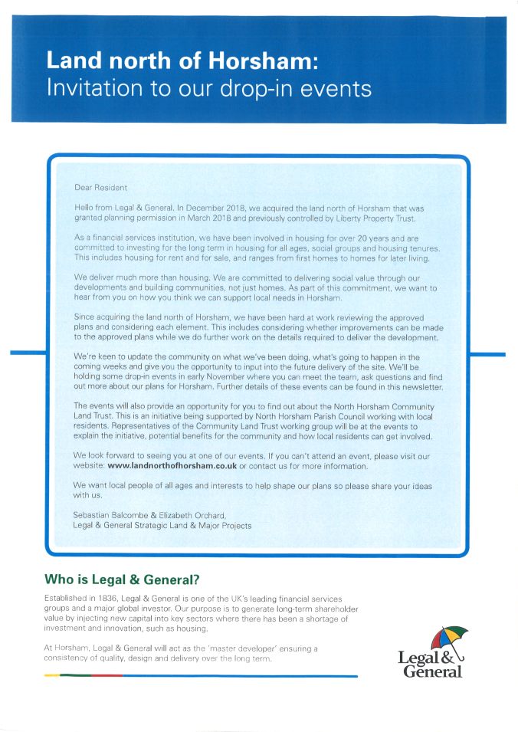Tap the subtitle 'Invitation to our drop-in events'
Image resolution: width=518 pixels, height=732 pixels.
pyautogui.click(x=208, y=88)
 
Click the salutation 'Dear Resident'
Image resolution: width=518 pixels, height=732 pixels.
pyautogui.click(x=100, y=186)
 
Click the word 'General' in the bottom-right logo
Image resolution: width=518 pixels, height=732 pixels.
pyautogui.click(x=433, y=671)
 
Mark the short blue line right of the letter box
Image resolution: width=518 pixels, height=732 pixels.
pyautogui.click(x=487, y=354)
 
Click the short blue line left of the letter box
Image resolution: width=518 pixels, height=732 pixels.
pyautogui.click(x=28, y=354)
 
